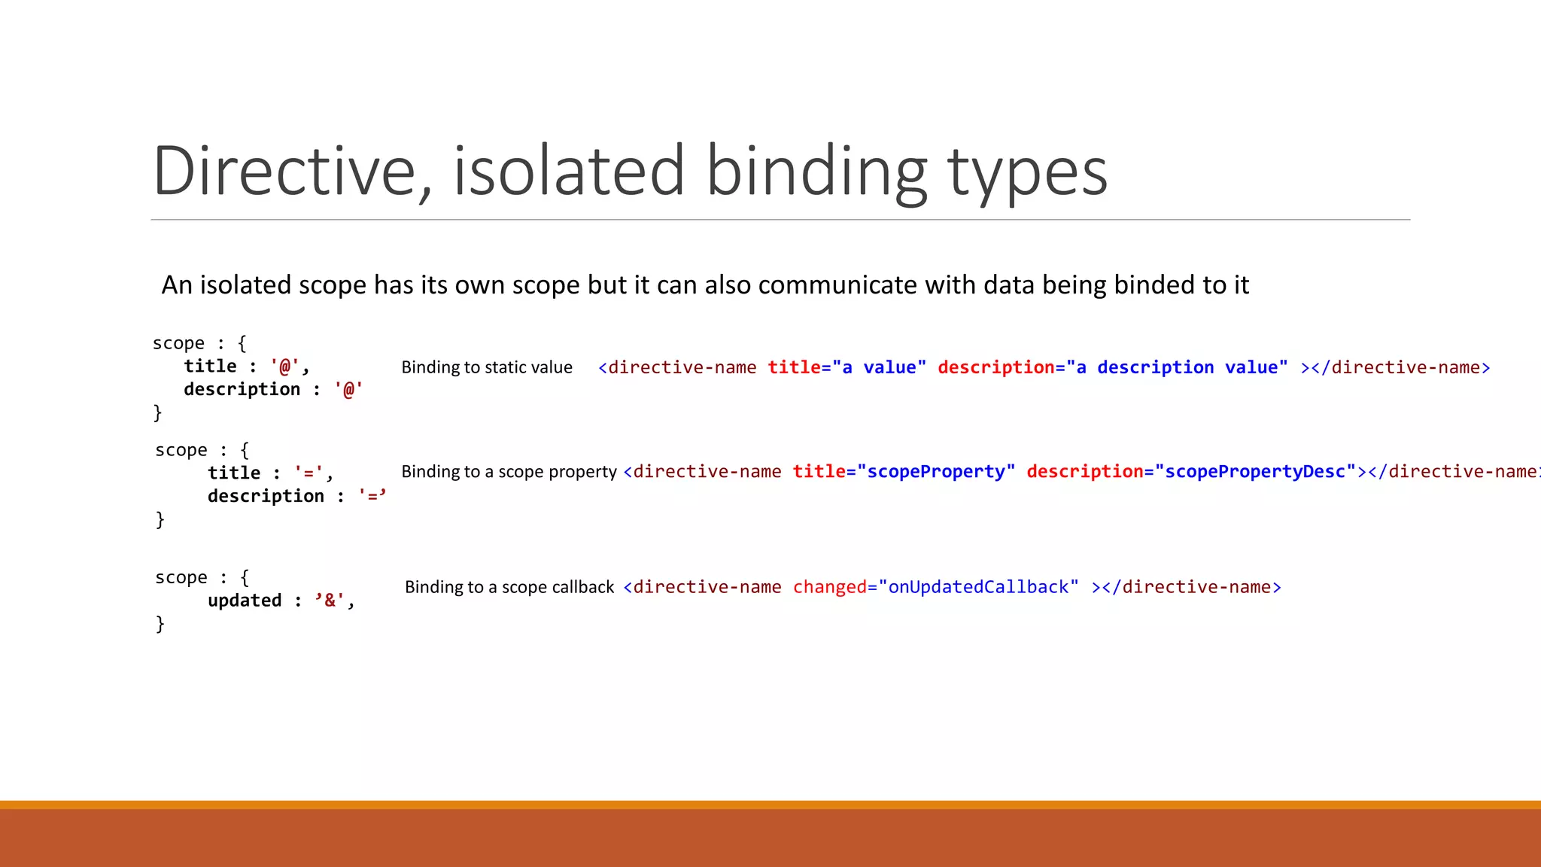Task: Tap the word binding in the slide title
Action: click(x=816, y=173)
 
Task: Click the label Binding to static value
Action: click(x=487, y=367)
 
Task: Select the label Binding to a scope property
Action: click(x=509, y=472)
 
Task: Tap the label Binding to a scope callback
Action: click(x=509, y=587)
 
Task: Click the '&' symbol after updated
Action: click(x=330, y=601)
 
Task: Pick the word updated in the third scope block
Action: click(x=245, y=601)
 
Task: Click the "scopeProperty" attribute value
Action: click(x=936, y=472)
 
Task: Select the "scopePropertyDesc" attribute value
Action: click(x=1255, y=472)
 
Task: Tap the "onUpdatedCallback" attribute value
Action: click(x=978, y=587)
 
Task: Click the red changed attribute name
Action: click(x=829, y=587)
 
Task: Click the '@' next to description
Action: click(x=348, y=390)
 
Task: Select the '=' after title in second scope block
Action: click(x=309, y=473)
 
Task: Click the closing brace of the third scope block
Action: click(x=160, y=624)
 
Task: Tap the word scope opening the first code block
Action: click(x=178, y=343)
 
